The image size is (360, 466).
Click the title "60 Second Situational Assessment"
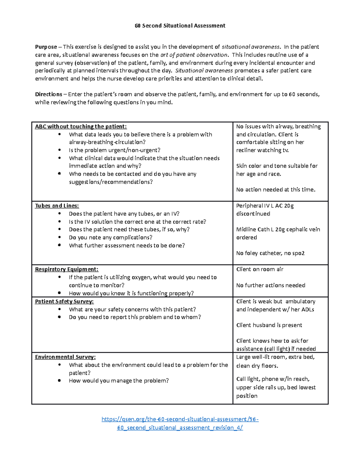tap(180, 26)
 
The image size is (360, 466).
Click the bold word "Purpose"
tap(46, 47)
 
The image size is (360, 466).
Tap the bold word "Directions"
tap(49, 94)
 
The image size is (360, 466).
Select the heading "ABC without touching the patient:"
tap(81, 127)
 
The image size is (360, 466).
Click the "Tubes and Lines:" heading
tap(57, 206)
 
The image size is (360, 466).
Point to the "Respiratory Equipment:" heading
tap(67, 269)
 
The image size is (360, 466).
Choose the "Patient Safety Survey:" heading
tap(64, 302)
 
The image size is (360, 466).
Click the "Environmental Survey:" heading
tap(65, 357)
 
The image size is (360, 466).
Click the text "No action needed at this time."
tap(276, 190)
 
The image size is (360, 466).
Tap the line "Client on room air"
tap(259, 269)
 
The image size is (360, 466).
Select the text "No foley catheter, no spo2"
tap(270, 253)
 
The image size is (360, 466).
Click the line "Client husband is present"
tap(269, 325)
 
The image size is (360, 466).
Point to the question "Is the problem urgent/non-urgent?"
tap(115, 150)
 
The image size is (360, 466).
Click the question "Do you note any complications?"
tap(110, 238)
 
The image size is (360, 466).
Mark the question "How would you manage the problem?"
tap(119, 381)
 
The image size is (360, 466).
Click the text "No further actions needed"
tap(271, 285)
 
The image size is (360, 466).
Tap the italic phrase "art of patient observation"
tap(194, 55)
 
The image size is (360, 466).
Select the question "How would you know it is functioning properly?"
tap(131, 293)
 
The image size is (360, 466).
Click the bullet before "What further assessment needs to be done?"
tap(60, 245)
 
